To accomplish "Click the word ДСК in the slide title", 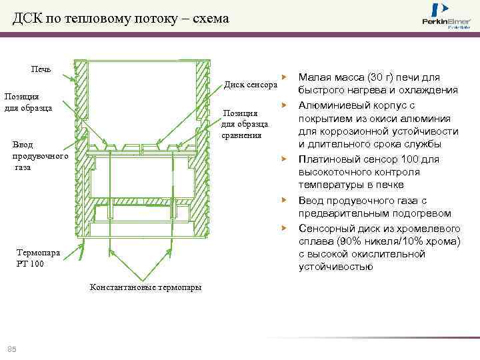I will tap(29, 18).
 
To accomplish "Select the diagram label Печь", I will tap(41, 69).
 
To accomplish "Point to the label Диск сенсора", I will tap(250, 85).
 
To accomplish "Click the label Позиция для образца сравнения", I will tap(245, 124).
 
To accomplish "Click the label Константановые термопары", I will tap(145, 287).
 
